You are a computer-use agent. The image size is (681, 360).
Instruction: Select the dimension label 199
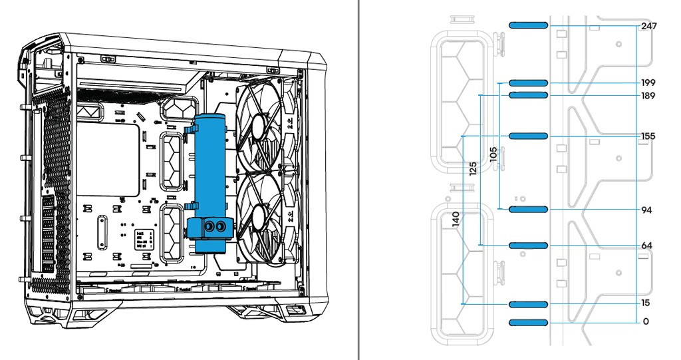pyautogui.click(x=648, y=83)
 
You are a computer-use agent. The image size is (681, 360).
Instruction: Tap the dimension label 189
pyautogui.click(x=648, y=96)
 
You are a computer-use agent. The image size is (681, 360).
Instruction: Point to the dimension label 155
pyautogui.click(x=648, y=136)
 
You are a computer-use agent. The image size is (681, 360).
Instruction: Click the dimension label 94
pyautogui.click(x=646, y=210)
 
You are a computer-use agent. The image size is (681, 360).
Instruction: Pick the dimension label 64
pyautogui.click(x=646, y=246)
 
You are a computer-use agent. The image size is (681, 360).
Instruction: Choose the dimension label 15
pyautogui.click(x=646, y=303)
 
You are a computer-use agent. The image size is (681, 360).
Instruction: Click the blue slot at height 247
pyautogui.click(x=528, y=25)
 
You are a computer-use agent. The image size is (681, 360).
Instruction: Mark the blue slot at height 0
pyautogui.click(x=528, y=323)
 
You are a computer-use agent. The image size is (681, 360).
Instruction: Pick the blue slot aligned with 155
pyautogui.click(x=528, y=136)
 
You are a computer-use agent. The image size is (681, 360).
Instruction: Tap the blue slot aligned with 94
pyautogui.click(x=528, y=210)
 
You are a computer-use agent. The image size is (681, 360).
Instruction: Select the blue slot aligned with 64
pyautogui.click(x=528, y=246)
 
